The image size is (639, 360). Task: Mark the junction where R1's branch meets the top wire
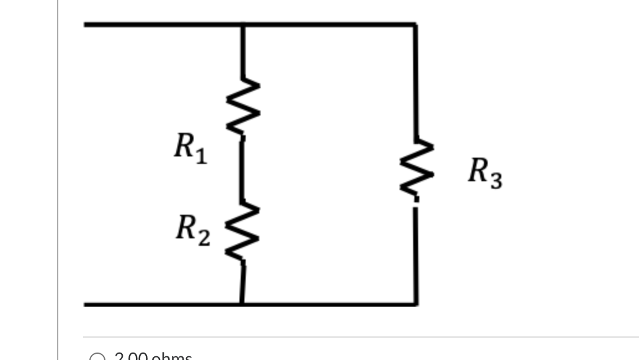click(242, 25)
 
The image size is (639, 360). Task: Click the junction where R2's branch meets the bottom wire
click(242, 304)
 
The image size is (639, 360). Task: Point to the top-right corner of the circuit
click(416, 25)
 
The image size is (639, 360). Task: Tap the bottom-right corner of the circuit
click(416, 304)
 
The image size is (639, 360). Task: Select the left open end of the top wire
click(86, 25)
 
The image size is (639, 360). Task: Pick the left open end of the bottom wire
click(86, 304)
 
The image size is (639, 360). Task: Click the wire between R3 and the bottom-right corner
click(416, 254)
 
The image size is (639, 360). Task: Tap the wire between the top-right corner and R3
click(416, 81)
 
